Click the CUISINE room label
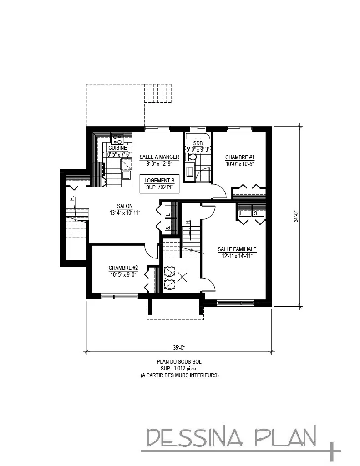(x=117, y=148)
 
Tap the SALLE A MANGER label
(x=159, y=157)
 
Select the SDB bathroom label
(x=197, y=143)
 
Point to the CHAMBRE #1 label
(x=239, y=157)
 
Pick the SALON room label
(x=125, y=206)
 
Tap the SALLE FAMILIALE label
(x=237, y=249)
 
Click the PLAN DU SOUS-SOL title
(x=179, y=362)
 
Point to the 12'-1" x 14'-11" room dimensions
(x=237, y=256)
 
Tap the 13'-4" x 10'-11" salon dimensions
(x=125, y=212)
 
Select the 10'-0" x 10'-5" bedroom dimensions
(x=239, y=164)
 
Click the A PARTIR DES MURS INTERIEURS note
(x=179, y=375)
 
